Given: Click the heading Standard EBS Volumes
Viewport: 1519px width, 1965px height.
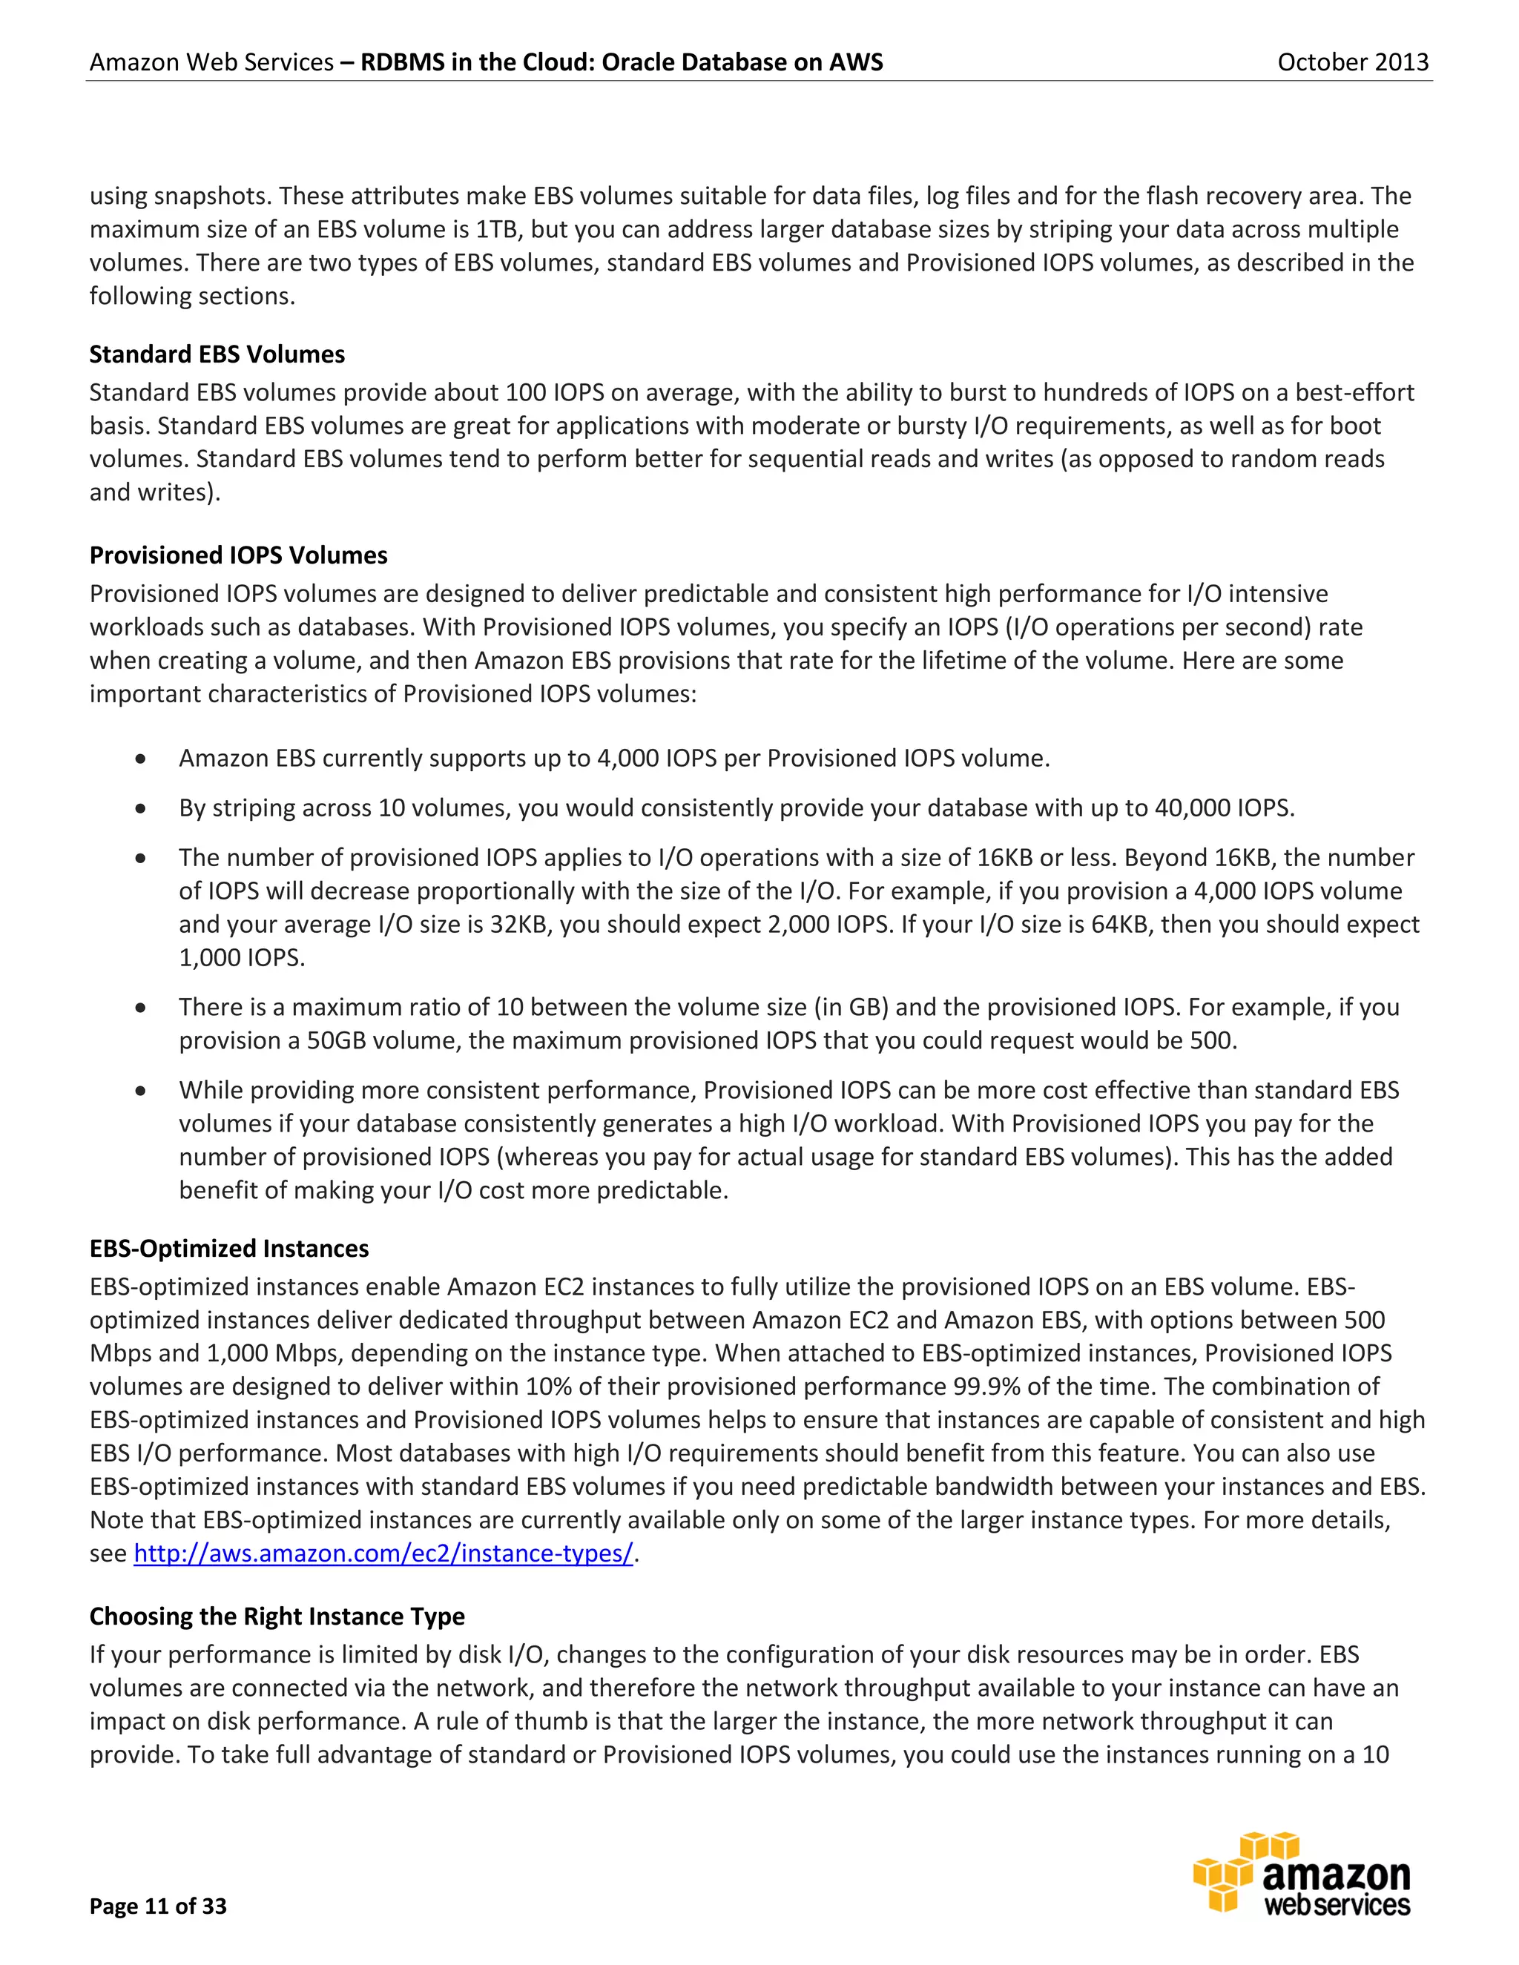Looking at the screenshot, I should [x=217, y=354].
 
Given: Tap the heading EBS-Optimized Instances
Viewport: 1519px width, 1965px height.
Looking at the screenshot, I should [x=228, y=1249].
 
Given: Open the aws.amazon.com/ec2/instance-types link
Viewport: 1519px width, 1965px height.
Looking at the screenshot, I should [x=383, y=1553].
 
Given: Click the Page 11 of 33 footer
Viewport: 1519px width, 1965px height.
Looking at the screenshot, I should [x=159, y=1906].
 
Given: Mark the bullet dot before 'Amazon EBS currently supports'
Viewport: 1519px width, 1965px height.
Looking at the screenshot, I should [x=140, y=759].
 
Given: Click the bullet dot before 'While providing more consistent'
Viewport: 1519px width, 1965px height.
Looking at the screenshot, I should [x=140, y=1092].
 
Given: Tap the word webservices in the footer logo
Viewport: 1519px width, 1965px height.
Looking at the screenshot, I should [x=1337, y=1906].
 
